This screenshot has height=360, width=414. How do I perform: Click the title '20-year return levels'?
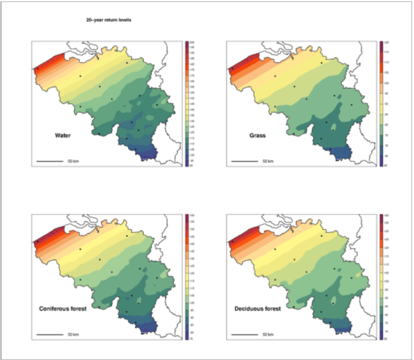coord(108,20)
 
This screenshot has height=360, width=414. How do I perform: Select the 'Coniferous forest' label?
coord(63,309)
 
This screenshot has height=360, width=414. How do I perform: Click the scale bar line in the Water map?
coord(50,161)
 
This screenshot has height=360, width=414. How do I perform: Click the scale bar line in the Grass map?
coord(244,161)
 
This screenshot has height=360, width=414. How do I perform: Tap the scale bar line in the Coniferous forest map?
coord(50,335)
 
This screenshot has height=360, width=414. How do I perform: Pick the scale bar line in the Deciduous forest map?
coord(244,335)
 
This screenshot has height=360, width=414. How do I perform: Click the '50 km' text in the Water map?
coord(73,161)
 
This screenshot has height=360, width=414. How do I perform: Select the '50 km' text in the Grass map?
coord(267,161)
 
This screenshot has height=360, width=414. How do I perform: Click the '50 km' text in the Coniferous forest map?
coord(73,335)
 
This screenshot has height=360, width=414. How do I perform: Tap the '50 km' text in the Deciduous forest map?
coord(267,335)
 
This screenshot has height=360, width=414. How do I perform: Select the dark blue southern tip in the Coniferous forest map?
coord(148,327)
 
